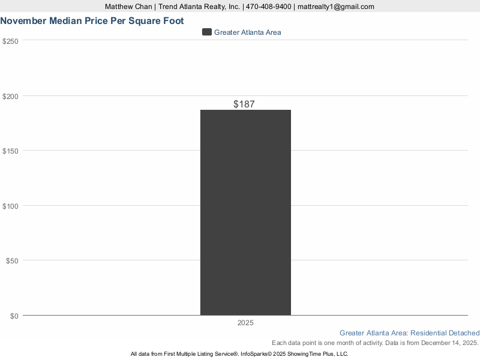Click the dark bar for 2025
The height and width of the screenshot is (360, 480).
point(245,212)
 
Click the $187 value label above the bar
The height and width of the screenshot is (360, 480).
point(244,104)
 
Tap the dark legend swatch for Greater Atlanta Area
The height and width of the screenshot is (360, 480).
point(207,32)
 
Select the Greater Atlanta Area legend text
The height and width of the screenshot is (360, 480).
point(247,32)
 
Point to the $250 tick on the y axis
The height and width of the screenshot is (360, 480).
point(11,41)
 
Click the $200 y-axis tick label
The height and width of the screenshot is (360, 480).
point(11,96)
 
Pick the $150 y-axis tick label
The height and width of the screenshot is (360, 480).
point(11,151)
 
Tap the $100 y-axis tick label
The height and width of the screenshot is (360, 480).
point(11,206)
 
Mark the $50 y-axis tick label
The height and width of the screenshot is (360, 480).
point(13,260)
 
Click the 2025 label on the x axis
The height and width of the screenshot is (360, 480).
point(245,323)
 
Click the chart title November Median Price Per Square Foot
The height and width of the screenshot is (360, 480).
point(92,20)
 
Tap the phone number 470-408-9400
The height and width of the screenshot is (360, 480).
point(269,7)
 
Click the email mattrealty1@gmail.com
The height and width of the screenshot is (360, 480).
point(336,7)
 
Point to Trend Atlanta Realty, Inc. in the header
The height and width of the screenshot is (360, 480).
point(199,7)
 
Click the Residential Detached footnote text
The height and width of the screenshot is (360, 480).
point(445,333)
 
